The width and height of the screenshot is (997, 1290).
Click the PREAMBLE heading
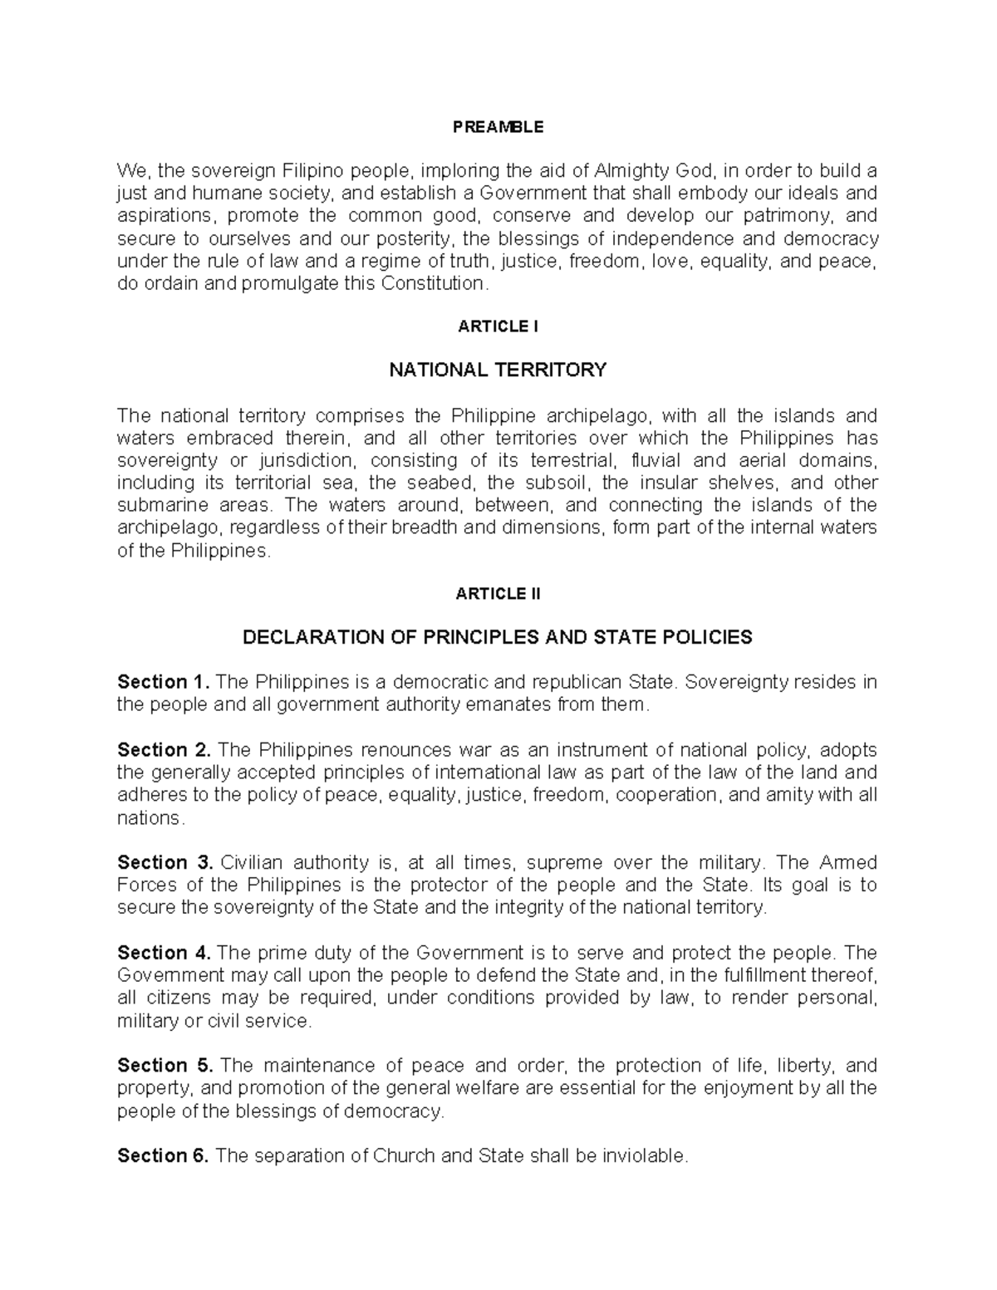click(x=498, y=127)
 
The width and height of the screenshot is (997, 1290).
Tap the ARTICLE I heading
click(x=498, y=326)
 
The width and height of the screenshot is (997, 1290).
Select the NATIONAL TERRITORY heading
click(x=498, y=370)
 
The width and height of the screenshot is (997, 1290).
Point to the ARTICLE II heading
click(x=498, y=594)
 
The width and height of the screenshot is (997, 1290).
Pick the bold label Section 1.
click(x=164, y=683)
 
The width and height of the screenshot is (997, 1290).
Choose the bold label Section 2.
click(x=164, y=750)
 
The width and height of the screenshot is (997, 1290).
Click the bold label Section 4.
click(x=164, y=953)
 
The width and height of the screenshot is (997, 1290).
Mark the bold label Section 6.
click(x=164, y=1155)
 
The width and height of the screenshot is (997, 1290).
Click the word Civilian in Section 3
click(x=252, y=863)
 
